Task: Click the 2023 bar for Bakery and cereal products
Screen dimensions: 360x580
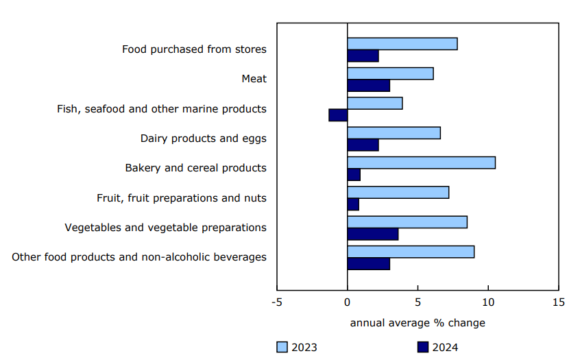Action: tap(421, 163)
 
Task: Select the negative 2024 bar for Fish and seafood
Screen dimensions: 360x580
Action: tap(338, 115)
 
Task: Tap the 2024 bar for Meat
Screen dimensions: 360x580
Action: tap(368, 86)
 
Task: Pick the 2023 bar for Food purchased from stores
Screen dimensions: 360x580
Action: tap(402, 44)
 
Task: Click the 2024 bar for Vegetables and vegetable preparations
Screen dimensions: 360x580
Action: tap(372, 234)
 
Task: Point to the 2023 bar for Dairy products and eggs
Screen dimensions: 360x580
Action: tap(394, 133)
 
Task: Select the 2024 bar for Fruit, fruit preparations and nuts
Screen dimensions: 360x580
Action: tap(353, 204)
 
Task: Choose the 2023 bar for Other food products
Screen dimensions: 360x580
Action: tap(411, 252)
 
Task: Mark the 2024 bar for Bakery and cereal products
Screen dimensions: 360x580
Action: tap(354, 175)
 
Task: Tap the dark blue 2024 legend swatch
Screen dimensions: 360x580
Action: tap(422, 347)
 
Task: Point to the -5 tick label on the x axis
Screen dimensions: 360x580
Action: tap(277, 302)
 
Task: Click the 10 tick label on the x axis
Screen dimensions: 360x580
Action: tap(487, 302)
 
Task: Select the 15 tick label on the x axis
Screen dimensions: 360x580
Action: tap(558, 302)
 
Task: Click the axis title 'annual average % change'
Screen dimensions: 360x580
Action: tap(418, 323)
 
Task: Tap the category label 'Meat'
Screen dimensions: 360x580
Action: tap(254, 79)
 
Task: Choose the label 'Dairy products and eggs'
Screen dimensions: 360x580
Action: tap(203, 139)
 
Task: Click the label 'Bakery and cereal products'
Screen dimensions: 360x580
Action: tap(195, 168)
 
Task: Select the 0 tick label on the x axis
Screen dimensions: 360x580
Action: tap(348, 302)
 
